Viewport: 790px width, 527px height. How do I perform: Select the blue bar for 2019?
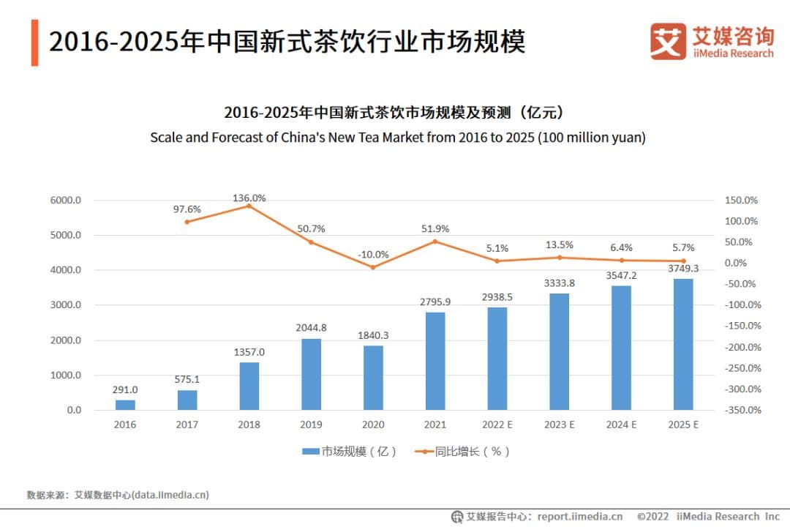[x=311, y=374]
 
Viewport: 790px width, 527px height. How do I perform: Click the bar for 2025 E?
[x=682, y=344]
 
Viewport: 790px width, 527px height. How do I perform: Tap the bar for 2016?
[x=125, y=405]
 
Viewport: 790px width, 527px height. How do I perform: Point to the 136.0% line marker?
[x=249, y=206]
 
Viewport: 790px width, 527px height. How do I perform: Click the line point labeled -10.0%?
[x=372, y=267]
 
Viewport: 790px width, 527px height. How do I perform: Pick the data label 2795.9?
[x=434, y=302]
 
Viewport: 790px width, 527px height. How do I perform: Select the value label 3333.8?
[x=559, y=283]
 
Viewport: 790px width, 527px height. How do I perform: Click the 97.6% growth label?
[x=187, y=209]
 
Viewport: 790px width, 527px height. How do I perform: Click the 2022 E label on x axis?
[x=497, y=425]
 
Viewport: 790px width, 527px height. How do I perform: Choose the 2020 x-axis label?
[x=372, y=425]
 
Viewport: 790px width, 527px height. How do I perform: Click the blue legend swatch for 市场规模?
[x=311, y=452]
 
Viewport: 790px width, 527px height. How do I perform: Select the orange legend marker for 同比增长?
[x=424, y=452]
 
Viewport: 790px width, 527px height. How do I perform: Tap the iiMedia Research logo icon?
[x=668, y=42]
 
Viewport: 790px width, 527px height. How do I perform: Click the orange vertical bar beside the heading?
[x=34, y=42]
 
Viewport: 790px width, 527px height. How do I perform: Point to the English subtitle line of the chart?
[x=397, y=138]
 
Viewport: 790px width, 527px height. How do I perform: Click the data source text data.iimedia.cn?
[x=170, y=495]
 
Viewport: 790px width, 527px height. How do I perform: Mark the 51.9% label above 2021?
[x=434, y=229]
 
